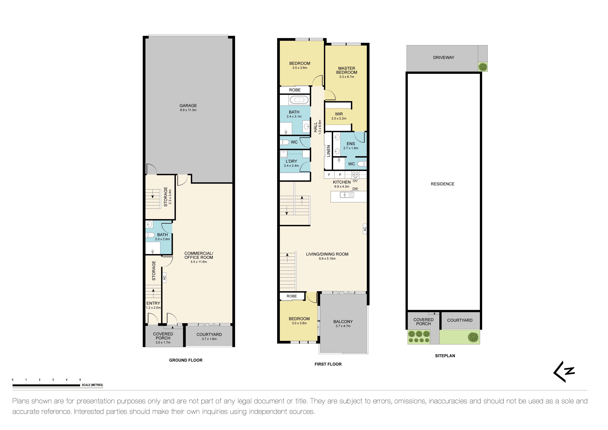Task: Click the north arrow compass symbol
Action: coord(564,372)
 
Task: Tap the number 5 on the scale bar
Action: coord(80,380)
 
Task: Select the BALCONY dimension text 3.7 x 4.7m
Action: coord(343,326)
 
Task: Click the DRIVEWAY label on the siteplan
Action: coord(444,57)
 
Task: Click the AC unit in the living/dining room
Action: coord(365,229)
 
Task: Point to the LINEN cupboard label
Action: coord(328,151)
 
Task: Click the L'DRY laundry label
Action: coord(291,161)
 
